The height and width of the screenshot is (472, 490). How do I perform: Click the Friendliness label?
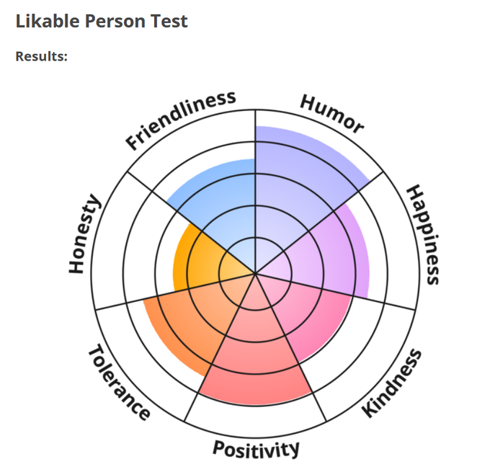pyautogui.click(x=181, y=120)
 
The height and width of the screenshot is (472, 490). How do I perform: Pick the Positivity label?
pyautogui.click(x=256, y=448)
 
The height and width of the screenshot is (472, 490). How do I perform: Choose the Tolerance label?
pyautogui.click(x=119, y=383)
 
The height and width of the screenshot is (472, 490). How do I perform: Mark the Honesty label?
pyautogui.click(x=84, y=234)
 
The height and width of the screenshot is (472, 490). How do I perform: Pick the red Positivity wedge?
pyautogui.click(x=256, y=360)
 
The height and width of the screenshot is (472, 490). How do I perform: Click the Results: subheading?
pyautogui.click(x=42, y=56)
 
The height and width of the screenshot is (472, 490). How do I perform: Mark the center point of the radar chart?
pyautogui.click(x=255, y=274)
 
